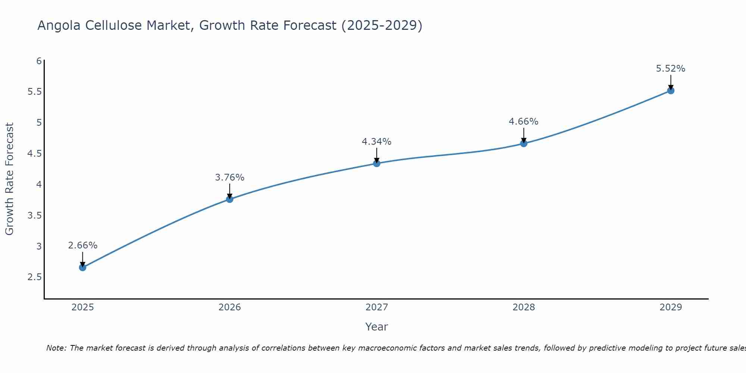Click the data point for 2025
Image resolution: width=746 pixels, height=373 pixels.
tap(82, 267)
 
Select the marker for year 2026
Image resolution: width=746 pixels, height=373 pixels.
tap(229, 199)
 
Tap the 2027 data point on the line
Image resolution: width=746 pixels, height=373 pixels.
tap(376, 163)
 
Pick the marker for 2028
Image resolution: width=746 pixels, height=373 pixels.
tap(523, 144)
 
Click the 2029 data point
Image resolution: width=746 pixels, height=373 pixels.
tap(670, 91)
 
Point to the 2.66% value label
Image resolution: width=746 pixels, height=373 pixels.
tap(82, 245)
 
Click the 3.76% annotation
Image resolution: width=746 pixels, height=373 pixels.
tap(229, 178)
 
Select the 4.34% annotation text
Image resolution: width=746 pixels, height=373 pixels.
tap(376, 142)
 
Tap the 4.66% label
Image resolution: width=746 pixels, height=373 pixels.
tap(523, 122)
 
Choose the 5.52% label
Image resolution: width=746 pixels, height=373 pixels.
tap(670, 69)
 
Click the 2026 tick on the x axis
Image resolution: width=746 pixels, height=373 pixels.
tap(229, 307)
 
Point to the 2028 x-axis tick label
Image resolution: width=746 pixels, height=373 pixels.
tap(523, 307)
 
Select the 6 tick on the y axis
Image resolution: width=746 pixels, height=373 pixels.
tap(39, 61)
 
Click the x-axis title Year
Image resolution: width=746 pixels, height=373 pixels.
tap(376, 327)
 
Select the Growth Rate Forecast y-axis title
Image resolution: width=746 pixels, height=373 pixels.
tap(9, 179)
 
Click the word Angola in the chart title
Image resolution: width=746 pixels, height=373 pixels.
tap(59, 25)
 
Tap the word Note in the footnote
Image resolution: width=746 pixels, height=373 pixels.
tap(56, 348)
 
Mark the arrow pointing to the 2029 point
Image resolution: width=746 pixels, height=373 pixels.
tap(670, 82)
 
